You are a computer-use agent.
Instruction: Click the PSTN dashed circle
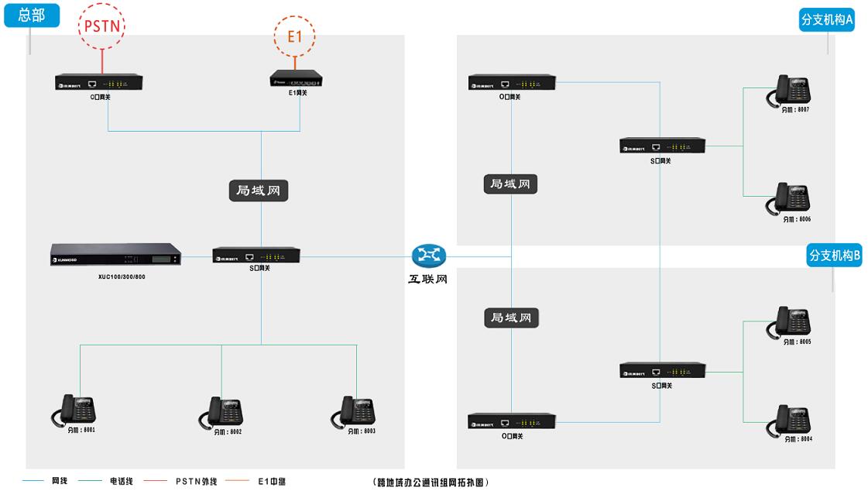click(101, 26)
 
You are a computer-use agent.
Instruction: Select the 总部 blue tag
click(31, 15)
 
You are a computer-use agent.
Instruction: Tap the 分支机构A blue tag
click(826, 20)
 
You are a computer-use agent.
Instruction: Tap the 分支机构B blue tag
click(834, 255)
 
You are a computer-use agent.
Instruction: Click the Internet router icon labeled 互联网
click(428, 256)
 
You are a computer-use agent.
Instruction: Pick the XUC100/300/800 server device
click(115, 256)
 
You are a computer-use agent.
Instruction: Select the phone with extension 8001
click(76, 410)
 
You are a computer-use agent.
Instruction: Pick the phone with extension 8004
click(789, 420)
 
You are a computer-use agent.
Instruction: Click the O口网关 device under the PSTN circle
click(99, 82)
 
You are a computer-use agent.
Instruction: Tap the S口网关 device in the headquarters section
click(256, 256)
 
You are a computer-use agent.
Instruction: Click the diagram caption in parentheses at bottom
click(431, 482)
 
